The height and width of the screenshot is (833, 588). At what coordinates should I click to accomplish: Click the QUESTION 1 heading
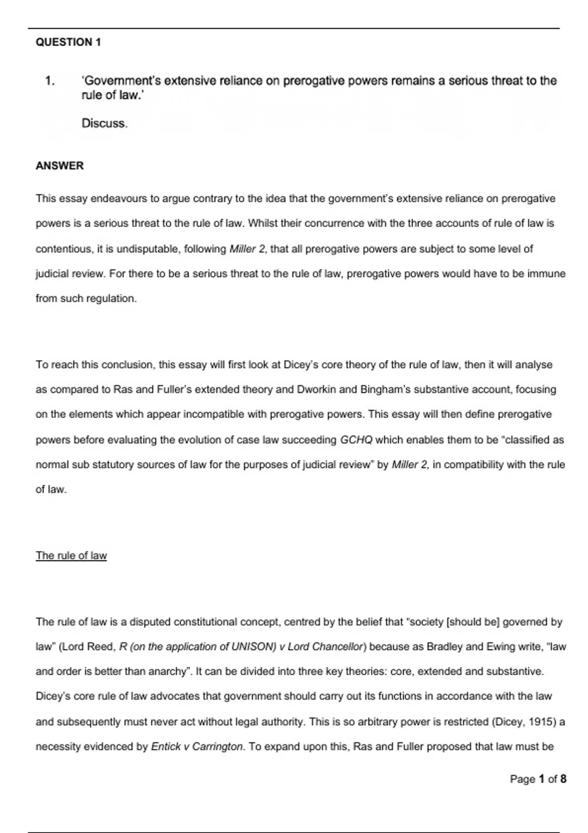(68, 42)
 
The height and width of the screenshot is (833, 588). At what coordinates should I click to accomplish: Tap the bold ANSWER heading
(59, 166)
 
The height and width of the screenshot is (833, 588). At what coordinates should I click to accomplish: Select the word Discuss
(104, 123)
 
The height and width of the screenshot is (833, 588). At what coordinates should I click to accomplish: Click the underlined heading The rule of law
(71, 556)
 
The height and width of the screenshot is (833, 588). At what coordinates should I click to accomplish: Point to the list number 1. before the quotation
(50, 81)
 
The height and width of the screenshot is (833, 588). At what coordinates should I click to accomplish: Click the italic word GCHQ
(356, 440)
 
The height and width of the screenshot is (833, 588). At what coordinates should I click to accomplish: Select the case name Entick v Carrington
(197, 747)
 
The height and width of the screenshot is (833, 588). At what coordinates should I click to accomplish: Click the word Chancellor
(340, 647)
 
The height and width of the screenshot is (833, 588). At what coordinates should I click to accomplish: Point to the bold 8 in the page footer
(563, 779)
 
